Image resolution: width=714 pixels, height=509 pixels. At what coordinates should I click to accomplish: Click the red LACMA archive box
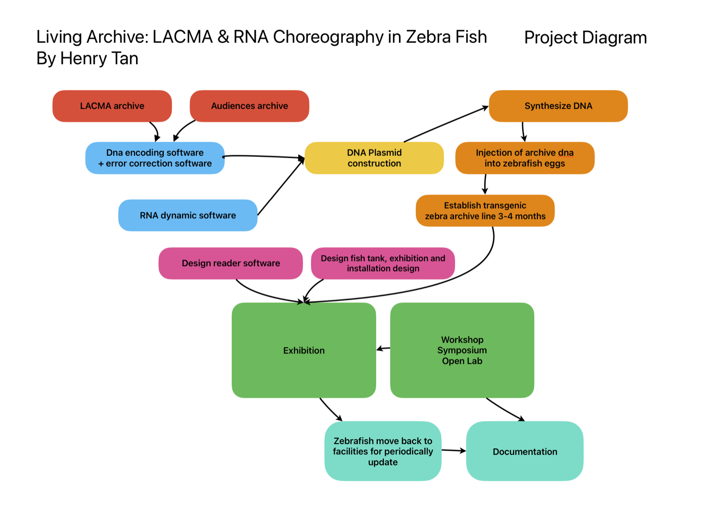[x=112, y=106]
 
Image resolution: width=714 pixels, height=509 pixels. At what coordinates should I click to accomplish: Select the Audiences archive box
[x=249, y=106]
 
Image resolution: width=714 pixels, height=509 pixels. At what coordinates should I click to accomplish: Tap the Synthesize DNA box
[x=558, y=106]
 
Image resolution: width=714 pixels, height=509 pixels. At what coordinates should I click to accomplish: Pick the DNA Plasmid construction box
[x=374, y=158]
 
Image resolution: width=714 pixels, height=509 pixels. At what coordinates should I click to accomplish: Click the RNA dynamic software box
[x=188, y=215]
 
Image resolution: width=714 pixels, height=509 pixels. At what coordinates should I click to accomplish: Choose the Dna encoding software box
[x=155, y=158]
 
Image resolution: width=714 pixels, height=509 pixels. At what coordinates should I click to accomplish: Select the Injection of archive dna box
[x=525, y=158]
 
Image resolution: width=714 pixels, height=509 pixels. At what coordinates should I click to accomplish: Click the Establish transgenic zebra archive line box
[x=485, y=210]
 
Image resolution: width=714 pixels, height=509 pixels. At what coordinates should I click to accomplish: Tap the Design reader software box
[x=231, y=263]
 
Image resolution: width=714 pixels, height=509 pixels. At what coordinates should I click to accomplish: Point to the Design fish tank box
[x=383, y=263]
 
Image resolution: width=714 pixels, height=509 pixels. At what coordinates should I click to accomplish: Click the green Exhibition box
[x=304, y=350]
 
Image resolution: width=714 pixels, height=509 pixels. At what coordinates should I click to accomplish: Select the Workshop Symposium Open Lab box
[x=462, y=350]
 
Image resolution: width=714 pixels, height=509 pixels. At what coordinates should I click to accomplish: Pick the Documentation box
[x=525, y=451]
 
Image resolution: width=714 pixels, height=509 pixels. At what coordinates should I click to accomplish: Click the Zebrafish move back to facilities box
[x=383, y=451]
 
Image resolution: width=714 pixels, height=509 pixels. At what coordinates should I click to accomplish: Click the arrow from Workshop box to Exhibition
[x=383, y=349]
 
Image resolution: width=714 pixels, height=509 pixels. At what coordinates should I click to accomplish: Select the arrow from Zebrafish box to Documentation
[x=454, y=450]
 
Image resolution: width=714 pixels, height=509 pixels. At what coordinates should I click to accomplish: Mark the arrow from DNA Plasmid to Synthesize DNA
[x=446, y=124]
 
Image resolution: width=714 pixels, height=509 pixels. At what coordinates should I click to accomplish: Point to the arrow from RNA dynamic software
[x=281, y=186]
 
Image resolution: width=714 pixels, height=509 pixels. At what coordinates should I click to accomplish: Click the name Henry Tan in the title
[x=99, y=59]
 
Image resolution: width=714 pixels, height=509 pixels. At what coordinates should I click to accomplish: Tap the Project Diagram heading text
[x=585, y=38]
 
